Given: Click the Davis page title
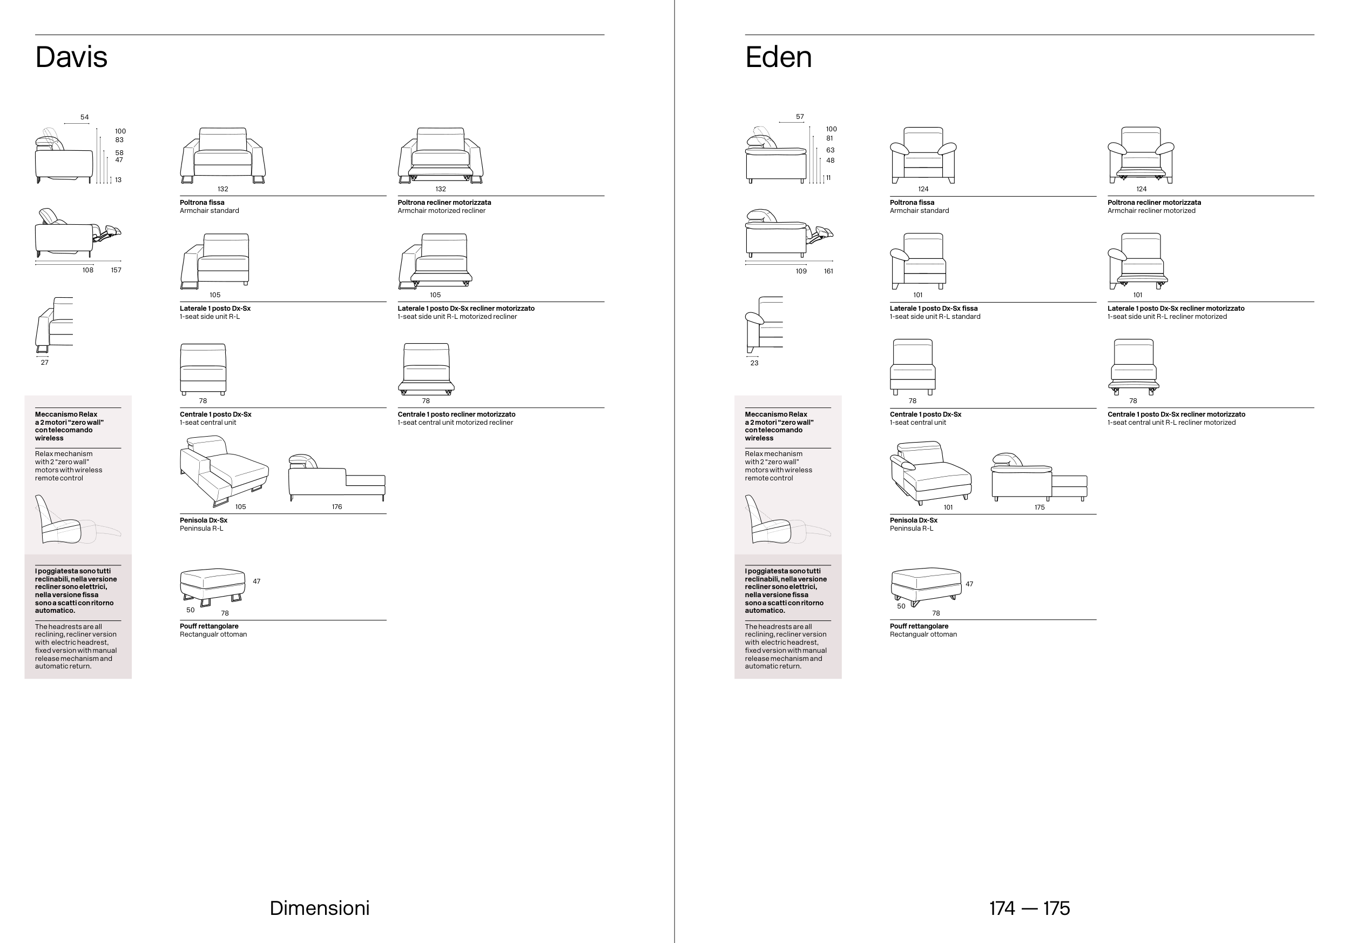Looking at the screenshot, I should (71, 57).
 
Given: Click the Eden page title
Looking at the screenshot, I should (778, 57).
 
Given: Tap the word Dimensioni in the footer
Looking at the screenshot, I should (319, 908).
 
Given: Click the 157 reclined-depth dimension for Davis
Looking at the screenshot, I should (116, 270).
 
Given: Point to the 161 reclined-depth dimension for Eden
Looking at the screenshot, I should (828, 271).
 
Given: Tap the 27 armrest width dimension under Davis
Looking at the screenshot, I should (45, 363).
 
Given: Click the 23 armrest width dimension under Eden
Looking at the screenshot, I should (754, 363).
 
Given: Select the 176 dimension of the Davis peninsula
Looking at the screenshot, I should (336, 506).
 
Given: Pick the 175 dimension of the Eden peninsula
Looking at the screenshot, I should (1039, 507).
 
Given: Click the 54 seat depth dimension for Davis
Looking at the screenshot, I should (85, 117).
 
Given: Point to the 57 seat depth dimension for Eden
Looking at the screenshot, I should (800, 117).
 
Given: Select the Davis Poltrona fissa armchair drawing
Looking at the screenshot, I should (223, 155).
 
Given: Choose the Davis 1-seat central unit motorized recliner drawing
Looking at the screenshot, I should (426, 369).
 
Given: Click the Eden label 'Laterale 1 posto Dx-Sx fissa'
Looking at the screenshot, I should (933, 308).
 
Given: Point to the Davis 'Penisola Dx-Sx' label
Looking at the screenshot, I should (204, 520).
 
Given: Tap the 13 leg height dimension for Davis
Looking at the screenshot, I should (118, 180).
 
